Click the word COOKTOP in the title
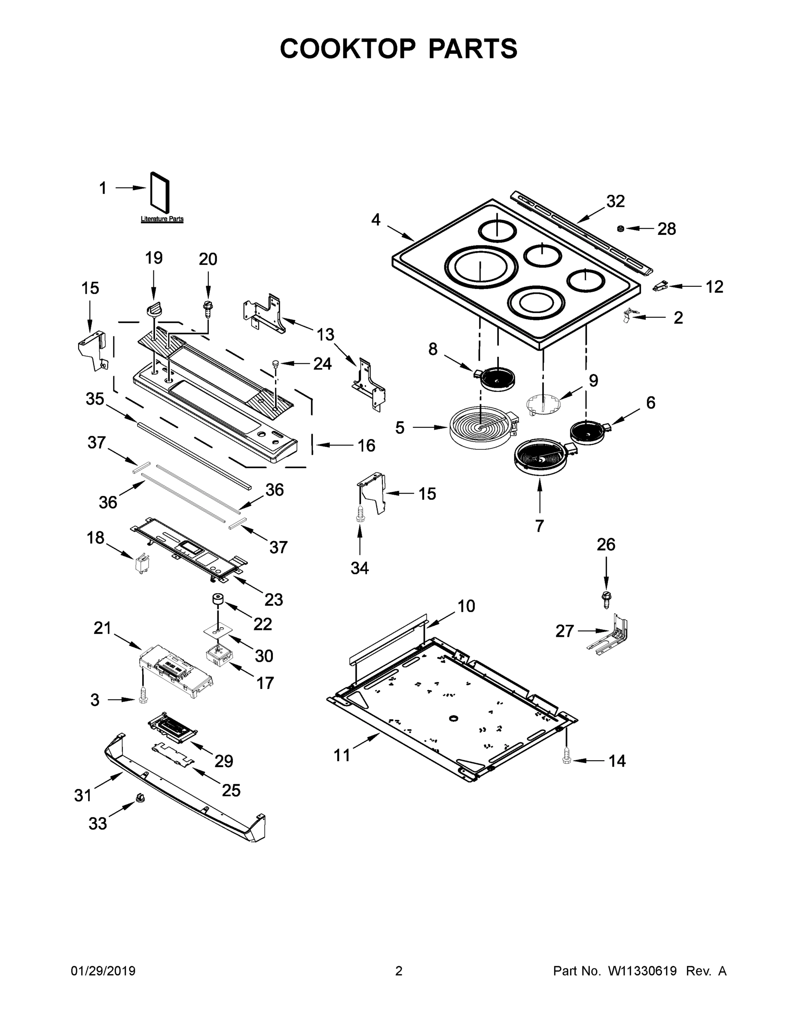(348, 49)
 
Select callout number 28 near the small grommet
(667, 229)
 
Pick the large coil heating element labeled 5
(480, 427)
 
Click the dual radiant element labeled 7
(540, 457)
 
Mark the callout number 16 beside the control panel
(366, 445)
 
